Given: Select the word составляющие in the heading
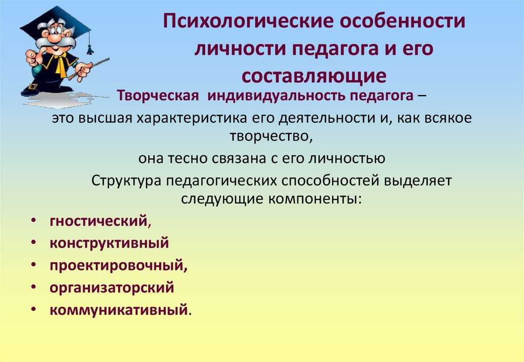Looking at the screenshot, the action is (314, 77).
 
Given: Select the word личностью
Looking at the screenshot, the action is (346, 159).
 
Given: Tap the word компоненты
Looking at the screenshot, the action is (315, 199).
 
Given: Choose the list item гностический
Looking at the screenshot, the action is (100, 221).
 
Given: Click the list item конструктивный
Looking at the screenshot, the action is (110, 243).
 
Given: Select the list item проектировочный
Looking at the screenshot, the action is (119, 266).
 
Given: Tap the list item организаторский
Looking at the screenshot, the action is (112, 288).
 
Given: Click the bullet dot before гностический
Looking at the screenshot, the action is (33, 221).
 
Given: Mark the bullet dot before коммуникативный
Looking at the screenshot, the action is (33, 309).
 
